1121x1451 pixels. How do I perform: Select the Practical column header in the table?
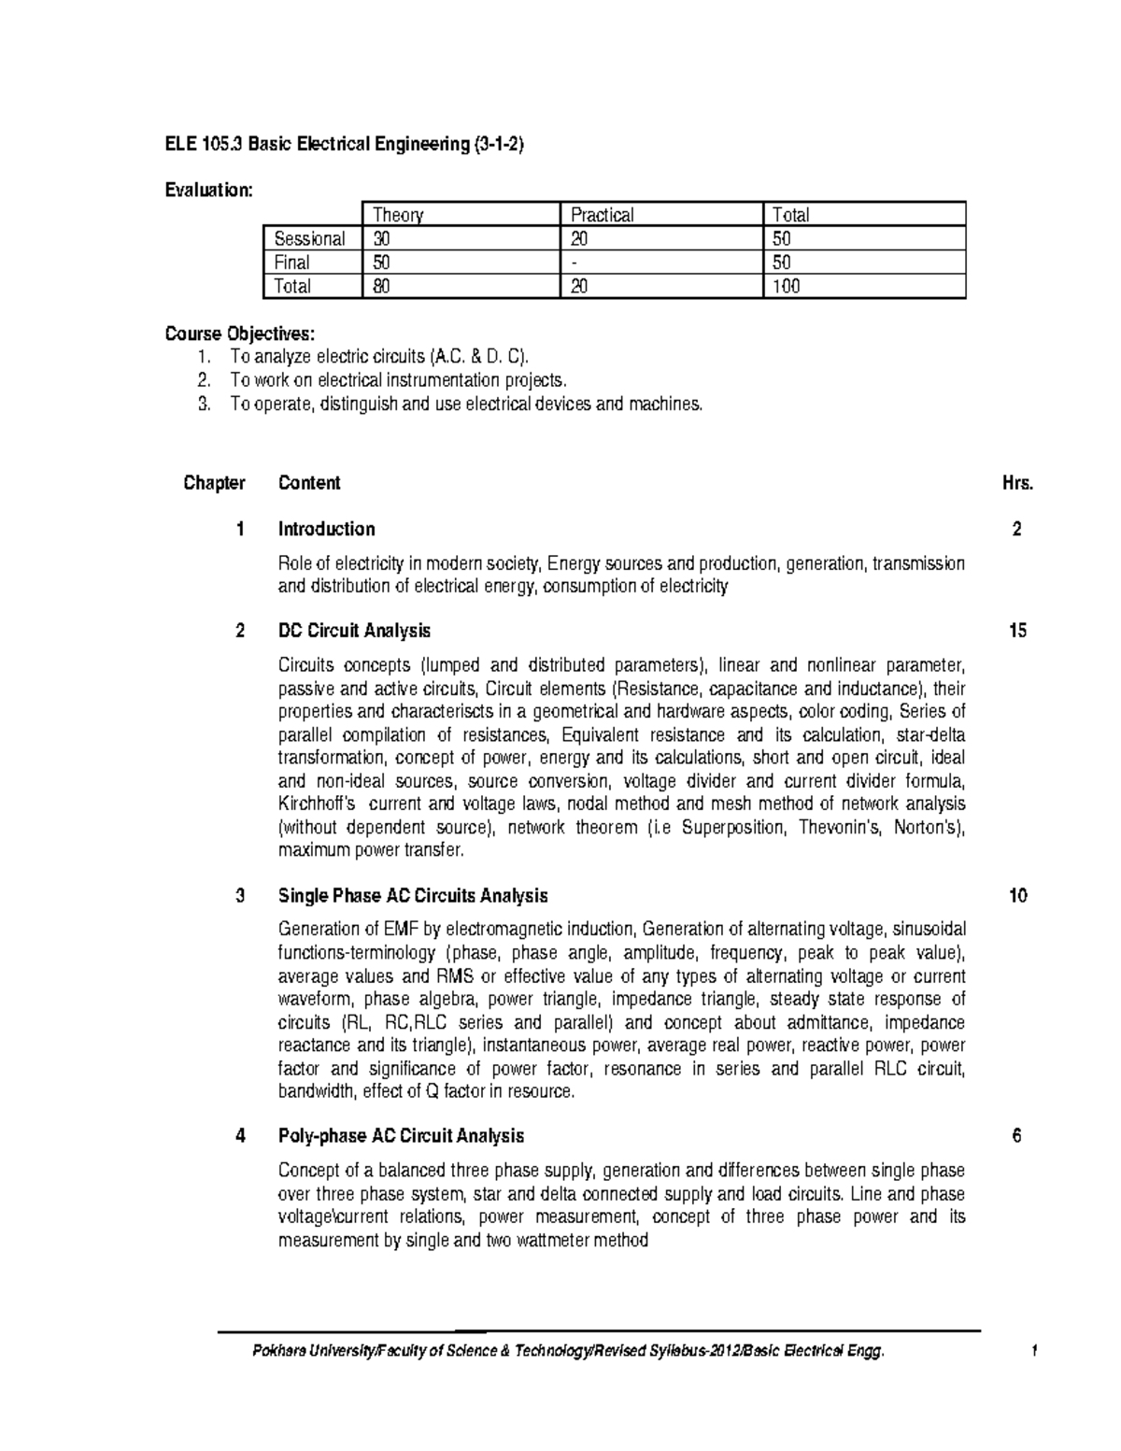click(x=603, y=215)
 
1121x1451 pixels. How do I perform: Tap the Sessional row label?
click(x=309, y=238)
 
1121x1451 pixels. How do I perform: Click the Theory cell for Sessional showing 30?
click(x=383, y=238)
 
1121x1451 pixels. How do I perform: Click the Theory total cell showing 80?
click(x=382, y=286)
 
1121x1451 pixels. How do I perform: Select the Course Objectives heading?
click(x=240, y=334)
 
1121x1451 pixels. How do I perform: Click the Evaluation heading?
click(x=208, y=191)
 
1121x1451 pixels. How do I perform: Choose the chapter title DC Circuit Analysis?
click(x=354, y=631)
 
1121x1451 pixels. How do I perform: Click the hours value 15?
click(x=1017, y=631)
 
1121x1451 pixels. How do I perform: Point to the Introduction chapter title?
click(x=326, y=529)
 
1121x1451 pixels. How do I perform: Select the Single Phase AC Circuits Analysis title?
click(x=413, y=896)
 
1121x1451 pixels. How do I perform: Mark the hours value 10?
click(x=1017, y=896)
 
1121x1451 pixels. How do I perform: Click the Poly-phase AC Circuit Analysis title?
click(x=401, y=1136)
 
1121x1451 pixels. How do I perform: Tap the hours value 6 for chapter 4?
click(x=1017, y=1136)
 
